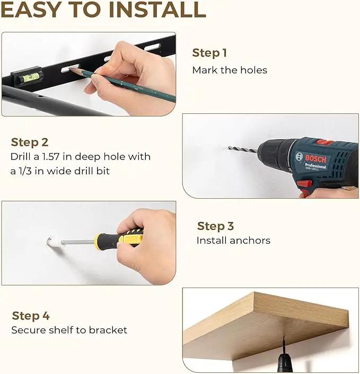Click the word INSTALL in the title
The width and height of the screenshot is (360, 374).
pyautogui.click(x=157, y=10)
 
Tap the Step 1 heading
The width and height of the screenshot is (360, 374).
pyautogui.click(x=209, y=53)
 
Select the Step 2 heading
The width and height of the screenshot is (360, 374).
pyautogui.click(x=30, y=143)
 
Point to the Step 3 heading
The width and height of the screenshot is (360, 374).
pyautogui.click(x=215, y=226)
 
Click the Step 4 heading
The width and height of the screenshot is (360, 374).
pyautogui.click(x=31, y=316)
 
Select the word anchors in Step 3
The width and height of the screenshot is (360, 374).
pyautogui.click(x=250, y=241)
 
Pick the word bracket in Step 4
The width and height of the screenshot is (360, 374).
pyautogui.click(x=108, y=330)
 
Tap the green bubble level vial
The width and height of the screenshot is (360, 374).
pyautogui.click(x=31, y=77)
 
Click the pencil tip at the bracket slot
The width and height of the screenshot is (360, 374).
pyautogui.click(x=70, y=69)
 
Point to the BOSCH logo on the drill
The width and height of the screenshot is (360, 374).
pyautogui.click(x=315, y=158)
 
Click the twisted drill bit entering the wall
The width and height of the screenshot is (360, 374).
pyautogui.click(x=243, y=149)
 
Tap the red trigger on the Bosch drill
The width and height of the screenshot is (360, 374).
pyautogui.click(x=304, y=184)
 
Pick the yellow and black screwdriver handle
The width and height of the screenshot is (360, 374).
pyautogui.click(x=119, y=238)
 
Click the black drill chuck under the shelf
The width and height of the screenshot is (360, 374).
pyautogui.click(x=284, y=362)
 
